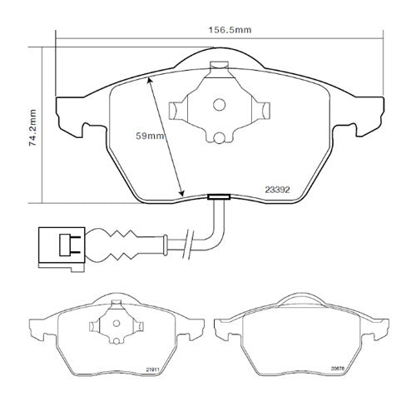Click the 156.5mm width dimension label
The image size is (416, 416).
tap(230, 30)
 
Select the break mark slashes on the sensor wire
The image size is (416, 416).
tap(191, 243)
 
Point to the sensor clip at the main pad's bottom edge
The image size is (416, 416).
tap(220, 198)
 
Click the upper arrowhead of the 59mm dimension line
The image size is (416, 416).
tap(150, 80)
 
